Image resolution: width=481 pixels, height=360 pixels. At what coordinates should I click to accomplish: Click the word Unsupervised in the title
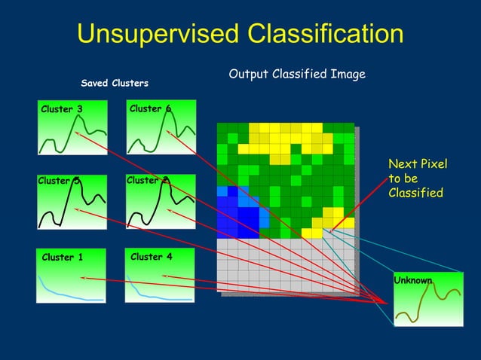pos(150,34)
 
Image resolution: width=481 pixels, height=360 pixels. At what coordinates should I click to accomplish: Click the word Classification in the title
pos(316,34)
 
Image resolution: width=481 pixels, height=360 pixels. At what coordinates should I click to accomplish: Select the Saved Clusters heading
pos(115,83)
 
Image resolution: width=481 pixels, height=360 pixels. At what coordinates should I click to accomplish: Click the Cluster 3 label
pos(62,110)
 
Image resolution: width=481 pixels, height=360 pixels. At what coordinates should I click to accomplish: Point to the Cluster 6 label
pos(150,109)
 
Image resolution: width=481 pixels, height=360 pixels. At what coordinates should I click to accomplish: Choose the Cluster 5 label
pos(59,181)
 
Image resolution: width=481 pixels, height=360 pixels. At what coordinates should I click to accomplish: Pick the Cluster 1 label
pos(63,258)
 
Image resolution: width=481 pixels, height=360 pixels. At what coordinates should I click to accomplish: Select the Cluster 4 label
pos(151,257)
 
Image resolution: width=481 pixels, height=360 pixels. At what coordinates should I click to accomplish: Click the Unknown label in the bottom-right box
pos(413,281)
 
